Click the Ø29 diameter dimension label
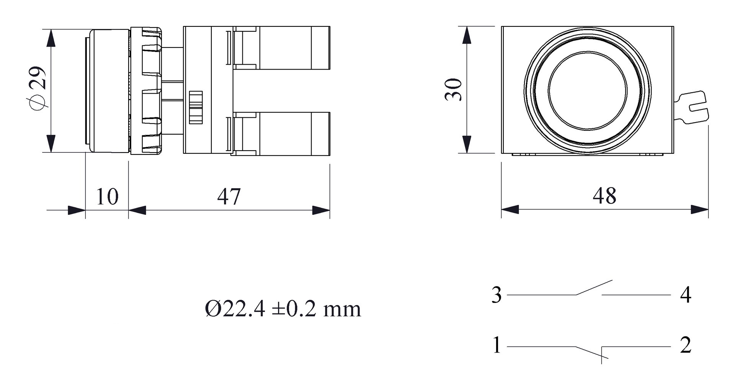click(38, 89)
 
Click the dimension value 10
click(107, 197)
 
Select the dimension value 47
click(229, 197)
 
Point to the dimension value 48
click(604, 196)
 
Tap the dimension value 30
click(454, 89)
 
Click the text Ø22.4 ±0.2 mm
click(283, 309)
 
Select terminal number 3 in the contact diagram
click(497, 295)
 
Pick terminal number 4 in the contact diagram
click(686, 295)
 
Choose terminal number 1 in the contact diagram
click(497, 345)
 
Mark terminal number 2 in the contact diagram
click(686, 345)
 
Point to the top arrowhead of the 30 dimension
click(466, 35)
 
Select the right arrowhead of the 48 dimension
click(700, 210)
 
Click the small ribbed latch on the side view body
click(196, 107)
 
